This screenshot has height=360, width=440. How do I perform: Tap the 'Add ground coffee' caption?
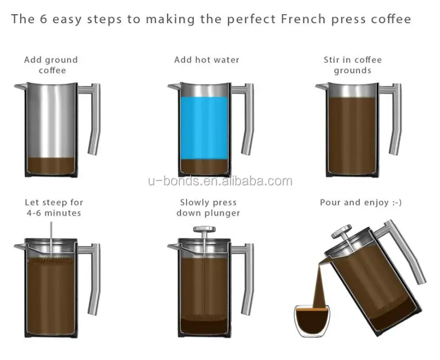51,65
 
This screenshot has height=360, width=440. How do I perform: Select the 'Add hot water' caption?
206,60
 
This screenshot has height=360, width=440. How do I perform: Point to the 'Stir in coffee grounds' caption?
352,65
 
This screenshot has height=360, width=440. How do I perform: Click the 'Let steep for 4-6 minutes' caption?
54,207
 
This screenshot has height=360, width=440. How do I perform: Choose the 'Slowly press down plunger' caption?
208,207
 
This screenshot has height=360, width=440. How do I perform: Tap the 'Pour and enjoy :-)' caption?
361,202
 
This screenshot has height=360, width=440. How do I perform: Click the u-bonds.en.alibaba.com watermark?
219,182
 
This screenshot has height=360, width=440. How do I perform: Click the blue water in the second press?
205,127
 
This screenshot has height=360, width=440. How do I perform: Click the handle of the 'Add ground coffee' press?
93,119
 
